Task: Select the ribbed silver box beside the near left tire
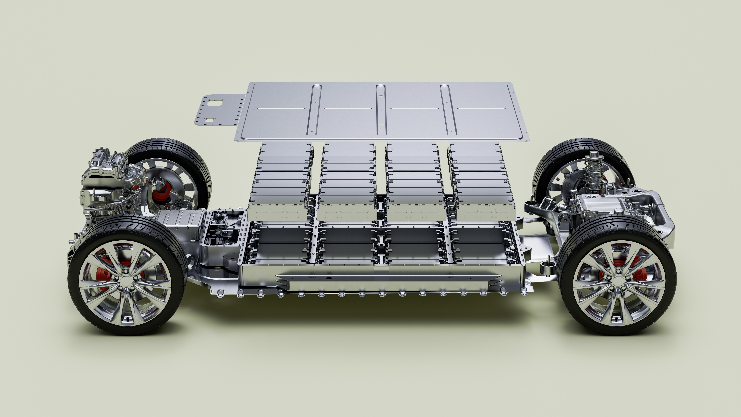tap(180, 223)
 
